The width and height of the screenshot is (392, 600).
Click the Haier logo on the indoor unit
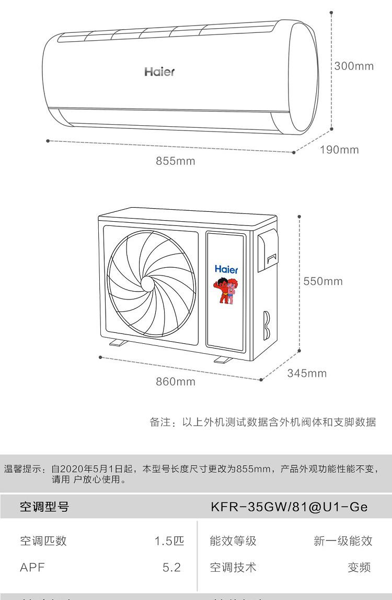(159, 71)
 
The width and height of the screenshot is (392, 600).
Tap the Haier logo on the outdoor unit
(226, 269)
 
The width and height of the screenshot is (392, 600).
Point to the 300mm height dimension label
(354, 66)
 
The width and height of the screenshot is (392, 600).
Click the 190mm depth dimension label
(339, 150)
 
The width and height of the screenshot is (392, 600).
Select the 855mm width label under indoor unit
(176, 161)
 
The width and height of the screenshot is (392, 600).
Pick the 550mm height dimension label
(323, 281)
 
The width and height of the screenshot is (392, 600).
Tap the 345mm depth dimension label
(307, 373)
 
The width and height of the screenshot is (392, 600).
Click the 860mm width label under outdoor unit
(176, 382)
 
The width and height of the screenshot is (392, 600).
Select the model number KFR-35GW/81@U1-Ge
(289, 507)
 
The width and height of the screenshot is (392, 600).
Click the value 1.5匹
(169, 541)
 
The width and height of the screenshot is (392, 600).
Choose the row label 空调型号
(44, 507)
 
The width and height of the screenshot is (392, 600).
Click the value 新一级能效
(343, 541)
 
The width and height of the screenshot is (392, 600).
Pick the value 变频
(359, 568)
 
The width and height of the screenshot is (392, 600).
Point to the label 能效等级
(233, 541)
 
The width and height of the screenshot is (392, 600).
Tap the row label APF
(32, 568)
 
